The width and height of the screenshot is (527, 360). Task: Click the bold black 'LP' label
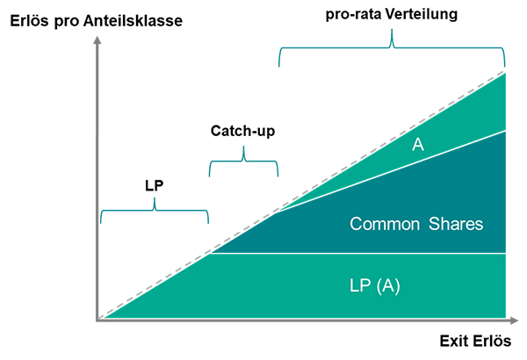click(x=155, y=186)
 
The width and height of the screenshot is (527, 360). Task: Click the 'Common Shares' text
click(x=416, y=224)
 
